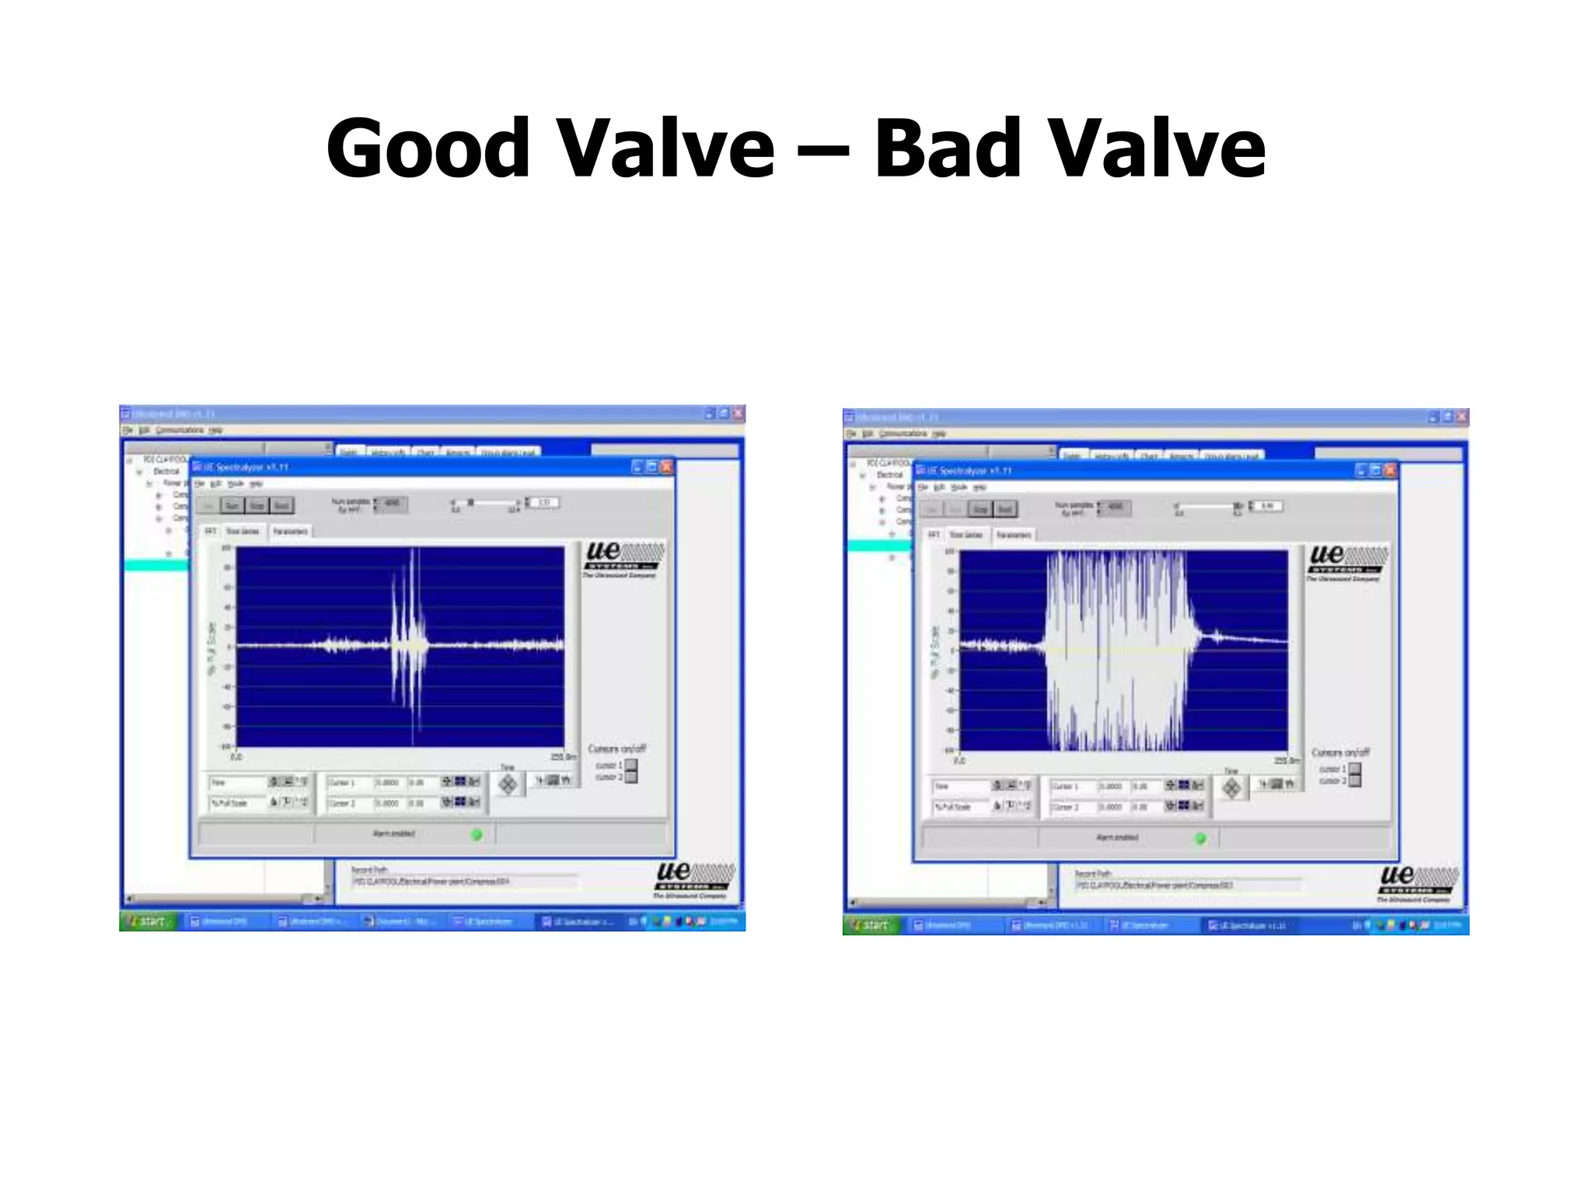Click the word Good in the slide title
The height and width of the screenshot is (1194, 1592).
(x=428, y=148)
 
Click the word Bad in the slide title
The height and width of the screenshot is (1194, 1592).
(x=948, y=148)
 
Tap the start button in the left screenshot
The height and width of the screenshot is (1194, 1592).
(x=148, y=921)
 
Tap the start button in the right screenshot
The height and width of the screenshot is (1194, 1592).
(x=871, y=925)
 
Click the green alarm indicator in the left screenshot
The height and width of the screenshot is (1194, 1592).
(x=477, y=834)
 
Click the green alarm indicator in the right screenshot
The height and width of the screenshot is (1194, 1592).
(x=1200, y=838)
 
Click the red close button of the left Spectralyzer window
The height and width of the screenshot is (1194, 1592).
(x=666, y=466)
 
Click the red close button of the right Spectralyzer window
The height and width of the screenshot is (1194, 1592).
(x=1390, y=470)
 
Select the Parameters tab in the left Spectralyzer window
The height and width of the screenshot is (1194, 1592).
(x=290, y=531)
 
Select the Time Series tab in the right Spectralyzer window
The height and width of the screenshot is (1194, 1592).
(x=966, y=535)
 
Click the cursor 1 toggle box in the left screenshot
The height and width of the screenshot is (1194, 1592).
(x=631, y=766)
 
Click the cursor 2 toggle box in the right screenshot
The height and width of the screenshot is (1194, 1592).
(x=1355, y=781)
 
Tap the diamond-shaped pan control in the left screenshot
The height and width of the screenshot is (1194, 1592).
(x=508, y=785)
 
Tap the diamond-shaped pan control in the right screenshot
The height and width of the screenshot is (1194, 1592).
(x=1231, y=789)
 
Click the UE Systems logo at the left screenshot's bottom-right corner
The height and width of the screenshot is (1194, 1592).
(x=693, y=879)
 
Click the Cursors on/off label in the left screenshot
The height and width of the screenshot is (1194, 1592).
(x=616, y=749)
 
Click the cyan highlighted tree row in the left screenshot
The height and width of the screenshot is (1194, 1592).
(x=155, y=565)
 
